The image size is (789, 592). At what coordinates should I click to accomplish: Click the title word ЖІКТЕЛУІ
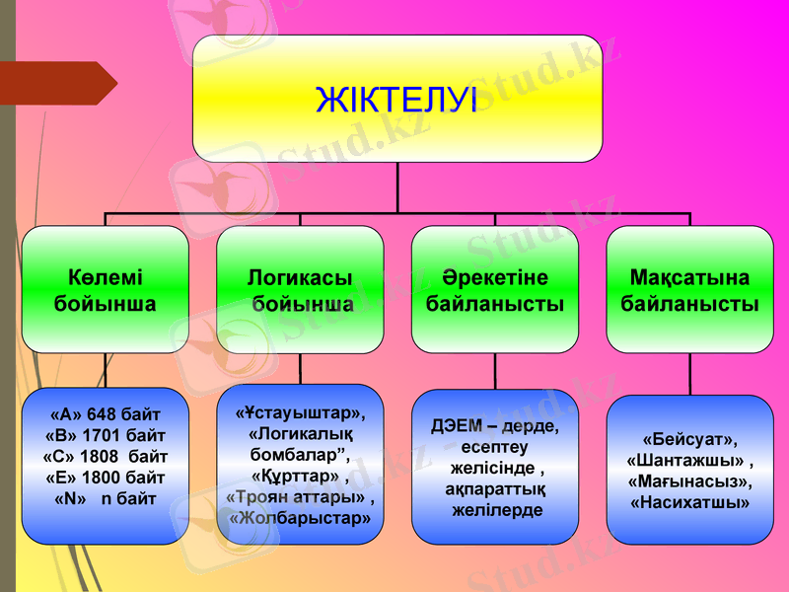tap(396, 99)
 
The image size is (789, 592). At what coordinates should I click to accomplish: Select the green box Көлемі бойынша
tap(105, 290)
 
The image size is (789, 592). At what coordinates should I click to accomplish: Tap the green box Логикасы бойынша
tap(300, 290)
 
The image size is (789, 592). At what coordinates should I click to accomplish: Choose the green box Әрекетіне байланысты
tap(494, 290)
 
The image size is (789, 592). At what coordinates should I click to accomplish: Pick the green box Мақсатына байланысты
tap(689, 290)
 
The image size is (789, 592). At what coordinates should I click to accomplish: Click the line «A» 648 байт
tap(105, 413)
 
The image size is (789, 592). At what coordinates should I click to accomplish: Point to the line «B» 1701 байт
tap(105, 435)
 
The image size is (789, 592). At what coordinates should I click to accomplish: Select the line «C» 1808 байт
tap(105, 457)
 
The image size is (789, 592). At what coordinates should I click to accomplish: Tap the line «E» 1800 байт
tap(105, 478)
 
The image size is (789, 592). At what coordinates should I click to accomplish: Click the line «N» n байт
tap(105, 499)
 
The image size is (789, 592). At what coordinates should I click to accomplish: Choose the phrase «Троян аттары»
tap(296, 496)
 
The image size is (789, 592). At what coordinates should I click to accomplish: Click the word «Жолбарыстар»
tap(300, 518)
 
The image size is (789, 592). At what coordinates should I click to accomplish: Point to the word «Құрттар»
tap(296, 476)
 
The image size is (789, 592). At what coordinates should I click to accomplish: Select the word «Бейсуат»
tap(689, 438)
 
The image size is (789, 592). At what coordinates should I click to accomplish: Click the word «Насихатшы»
tap(689, 502)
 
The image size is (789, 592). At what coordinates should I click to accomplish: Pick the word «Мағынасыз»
tap(689, 481)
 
